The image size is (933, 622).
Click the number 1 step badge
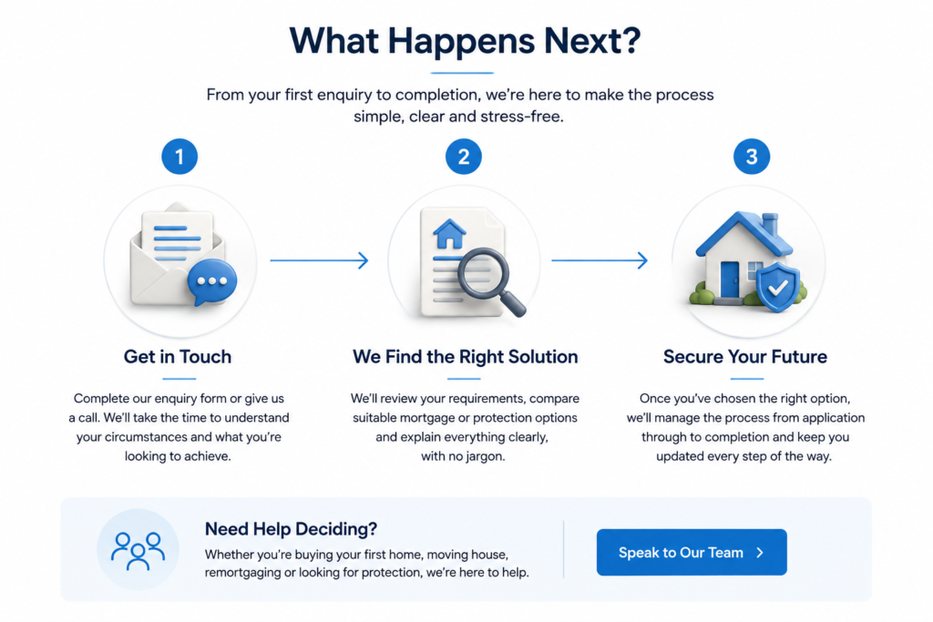pos(179,157)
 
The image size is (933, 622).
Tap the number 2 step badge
pos(464,157)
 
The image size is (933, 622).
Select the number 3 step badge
pos(752,157)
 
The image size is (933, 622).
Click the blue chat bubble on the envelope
pos(211,282)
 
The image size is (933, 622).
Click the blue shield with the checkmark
pos(778,288)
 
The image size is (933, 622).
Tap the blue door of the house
pos(730,279)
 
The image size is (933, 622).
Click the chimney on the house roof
pos(770,224)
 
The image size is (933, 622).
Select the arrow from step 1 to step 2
pos(320,260)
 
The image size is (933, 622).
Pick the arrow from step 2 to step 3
pos(600,260)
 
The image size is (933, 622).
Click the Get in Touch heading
pos(178,357)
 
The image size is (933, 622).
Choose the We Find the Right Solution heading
pos(466,357)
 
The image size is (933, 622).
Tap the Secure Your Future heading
pos(745,357)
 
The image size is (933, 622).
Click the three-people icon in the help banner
pos(138,550)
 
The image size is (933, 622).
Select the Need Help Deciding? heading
pos(291,528)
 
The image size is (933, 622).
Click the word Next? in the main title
pos(592,41)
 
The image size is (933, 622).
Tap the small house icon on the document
pos(450,234)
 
